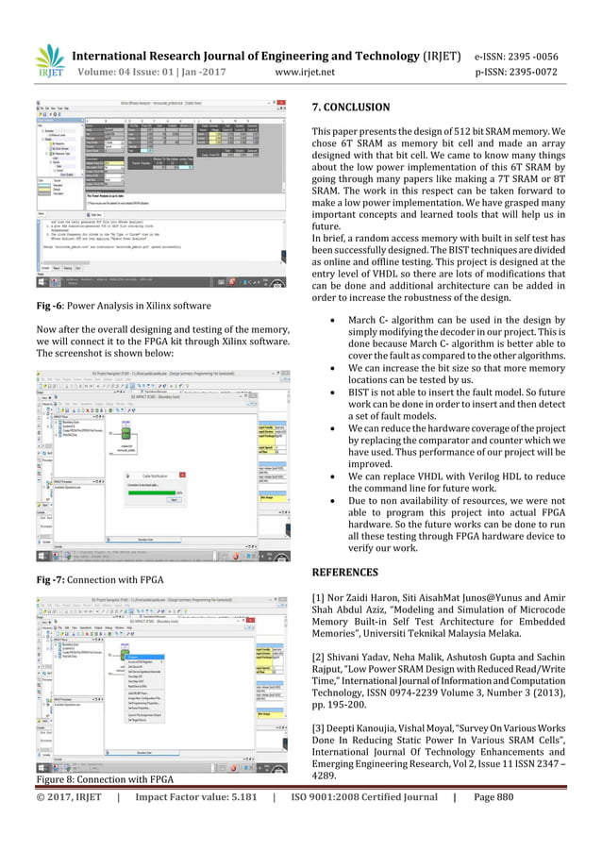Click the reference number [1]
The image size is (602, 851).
pyautogui.click(x=318, y=597)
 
